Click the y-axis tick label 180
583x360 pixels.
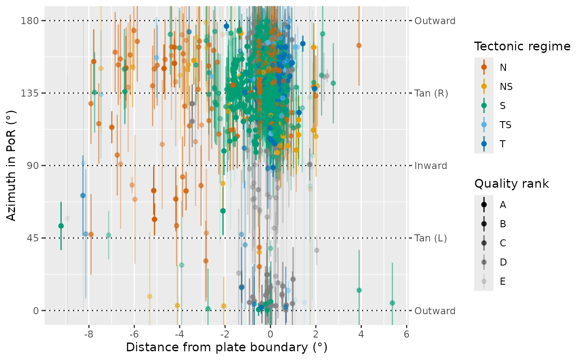point(30,21)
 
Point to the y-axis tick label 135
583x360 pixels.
point(30,93)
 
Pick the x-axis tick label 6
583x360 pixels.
point(406,334)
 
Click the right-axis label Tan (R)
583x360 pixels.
point(431,93)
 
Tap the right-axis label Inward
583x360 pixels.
point(431,166)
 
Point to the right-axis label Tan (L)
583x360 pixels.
point(431,238)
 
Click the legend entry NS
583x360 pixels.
point(506,87)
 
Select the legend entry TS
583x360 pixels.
point(506,125)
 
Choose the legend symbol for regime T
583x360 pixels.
point(484,144)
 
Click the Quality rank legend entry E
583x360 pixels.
point(503,281)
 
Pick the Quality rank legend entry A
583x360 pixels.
point(503,205)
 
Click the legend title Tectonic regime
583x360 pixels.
point(522,47)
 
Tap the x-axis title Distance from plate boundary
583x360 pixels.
point(227,348)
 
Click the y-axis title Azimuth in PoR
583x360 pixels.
point(12,166)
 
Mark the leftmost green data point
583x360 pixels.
point(61,226)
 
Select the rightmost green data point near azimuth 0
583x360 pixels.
point(392,303)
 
